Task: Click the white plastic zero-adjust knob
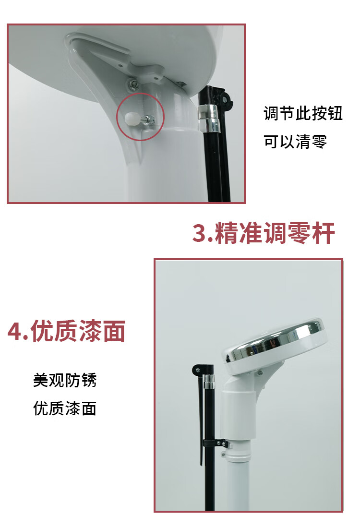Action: pyautogui.click(x=131, y=118)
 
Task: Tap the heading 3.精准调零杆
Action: pyautogui.click(x=264, y=233)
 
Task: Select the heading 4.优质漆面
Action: pyautogui.click(x=67, y=331)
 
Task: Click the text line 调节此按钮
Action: pyautogui.click(x=303, y=113)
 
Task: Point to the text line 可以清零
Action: pyautogui.click(x=295, y=142)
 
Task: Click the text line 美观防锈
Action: pyautogui.click(x=65, y=380)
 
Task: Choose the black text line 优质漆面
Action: pyautogui.click(x=65, y=408)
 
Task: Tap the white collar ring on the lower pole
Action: pyautogui.click(x=239, y=456)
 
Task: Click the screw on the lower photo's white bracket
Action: pyautogui.click(x=260, y=373)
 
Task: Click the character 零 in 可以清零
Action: pyautogui.click(x=319, y=142)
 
